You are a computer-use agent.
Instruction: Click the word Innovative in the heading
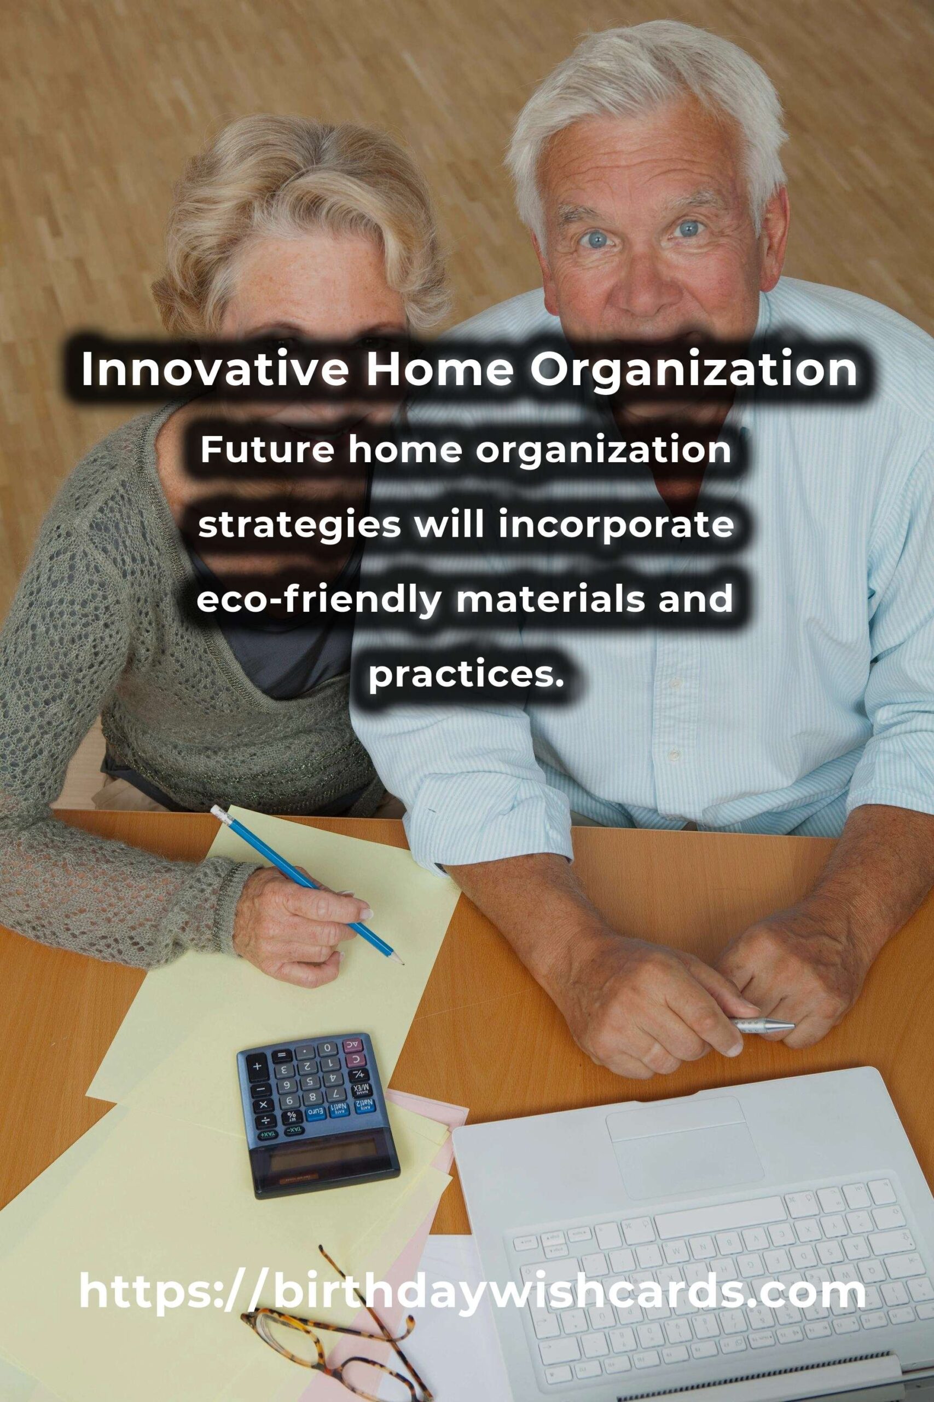click(x=213, y=370)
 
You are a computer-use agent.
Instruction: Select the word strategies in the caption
click(x=300, y=526)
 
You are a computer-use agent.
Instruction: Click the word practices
click(x=466, y=673)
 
